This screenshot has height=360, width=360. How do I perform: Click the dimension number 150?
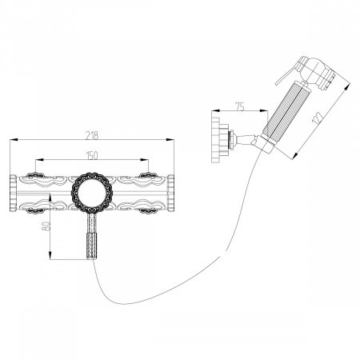coord(92,154)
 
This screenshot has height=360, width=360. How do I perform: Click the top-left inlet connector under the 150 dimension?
coord(35,174)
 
